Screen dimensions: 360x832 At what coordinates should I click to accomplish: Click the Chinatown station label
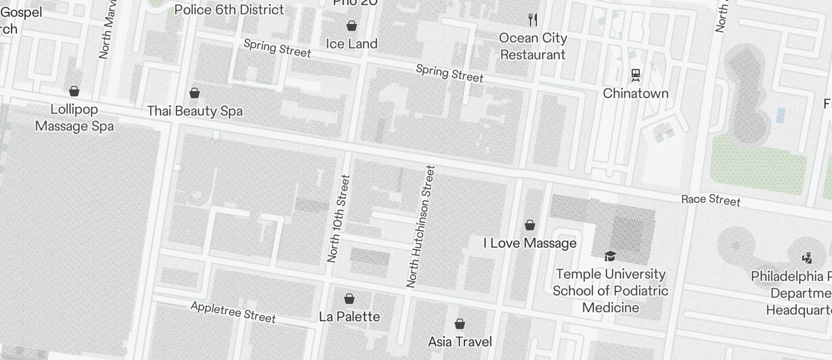click(635, 94)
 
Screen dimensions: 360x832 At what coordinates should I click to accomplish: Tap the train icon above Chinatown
click(635, 75)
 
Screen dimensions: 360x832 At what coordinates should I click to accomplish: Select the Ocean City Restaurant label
click(533, 46)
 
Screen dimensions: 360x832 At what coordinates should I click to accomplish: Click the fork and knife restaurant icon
click(532, 20)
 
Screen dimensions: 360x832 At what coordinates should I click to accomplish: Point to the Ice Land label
click(351, 44)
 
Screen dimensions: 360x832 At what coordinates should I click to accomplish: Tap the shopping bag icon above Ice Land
click(352, 26)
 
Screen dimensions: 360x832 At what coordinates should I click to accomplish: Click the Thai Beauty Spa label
click(195, 111)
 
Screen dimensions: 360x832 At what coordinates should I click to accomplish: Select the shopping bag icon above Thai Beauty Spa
click(195, 93)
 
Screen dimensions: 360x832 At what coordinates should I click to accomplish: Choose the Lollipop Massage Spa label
click(74, 117)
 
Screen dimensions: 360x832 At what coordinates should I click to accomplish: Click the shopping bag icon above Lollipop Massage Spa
click(74, 91)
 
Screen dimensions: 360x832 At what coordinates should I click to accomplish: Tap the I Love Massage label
click(530, 243)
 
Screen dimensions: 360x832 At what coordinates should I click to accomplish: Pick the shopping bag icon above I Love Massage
click(530, 225)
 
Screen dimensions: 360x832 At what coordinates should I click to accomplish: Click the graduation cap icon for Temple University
click(610, 256)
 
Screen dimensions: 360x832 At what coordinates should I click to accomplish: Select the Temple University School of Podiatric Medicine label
click(610, 290)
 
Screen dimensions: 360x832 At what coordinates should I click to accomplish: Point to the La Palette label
click(349, 317)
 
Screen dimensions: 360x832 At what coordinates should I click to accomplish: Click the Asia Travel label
click(460, 342)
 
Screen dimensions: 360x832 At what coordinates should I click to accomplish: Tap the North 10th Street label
click(338, 219)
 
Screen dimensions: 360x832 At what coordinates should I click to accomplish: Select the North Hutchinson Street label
click(421, 227)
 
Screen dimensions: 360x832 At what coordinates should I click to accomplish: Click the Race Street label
click(710, 200)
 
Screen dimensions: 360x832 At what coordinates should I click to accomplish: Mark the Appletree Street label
click(233, 312)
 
